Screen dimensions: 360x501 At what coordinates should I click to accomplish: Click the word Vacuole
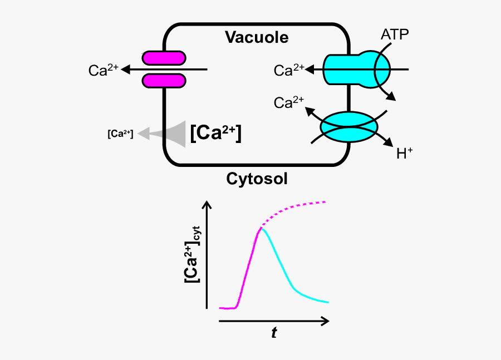click(x=257, y=37)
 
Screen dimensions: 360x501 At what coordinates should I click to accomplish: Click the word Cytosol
click(x=257, y=179)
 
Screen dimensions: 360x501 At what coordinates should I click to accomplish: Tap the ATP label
click(x=395, y=34)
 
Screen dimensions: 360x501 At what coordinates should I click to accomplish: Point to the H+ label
click(x=405, y=153)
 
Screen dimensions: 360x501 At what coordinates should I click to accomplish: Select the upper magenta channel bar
click(x=164, y=58)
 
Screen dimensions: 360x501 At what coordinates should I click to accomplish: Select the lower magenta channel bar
click(x=164, y=81)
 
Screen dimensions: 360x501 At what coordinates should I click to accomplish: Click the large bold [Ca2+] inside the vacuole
click(x=216, y=134)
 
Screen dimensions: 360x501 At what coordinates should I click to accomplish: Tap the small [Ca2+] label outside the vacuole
click(x=120, y=134)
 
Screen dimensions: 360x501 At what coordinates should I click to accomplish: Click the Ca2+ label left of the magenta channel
click(x=104, y=70)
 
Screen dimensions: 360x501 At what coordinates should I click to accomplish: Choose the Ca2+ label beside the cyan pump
click(x=289, y=70)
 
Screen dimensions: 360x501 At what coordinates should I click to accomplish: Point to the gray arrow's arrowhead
click(x=144, y=133)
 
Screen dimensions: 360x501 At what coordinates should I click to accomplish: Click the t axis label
click(x=274, y=333)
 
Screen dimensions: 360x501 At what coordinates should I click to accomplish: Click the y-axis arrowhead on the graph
click(x=209, y=205)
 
